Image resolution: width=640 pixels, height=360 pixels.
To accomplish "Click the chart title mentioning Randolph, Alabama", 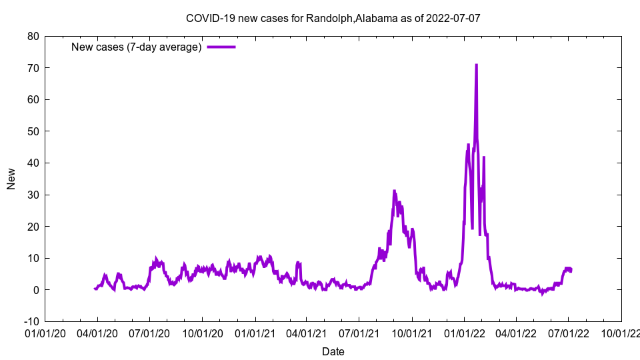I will point(333,18).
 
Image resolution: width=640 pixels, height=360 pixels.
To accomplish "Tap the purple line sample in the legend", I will point(221,47).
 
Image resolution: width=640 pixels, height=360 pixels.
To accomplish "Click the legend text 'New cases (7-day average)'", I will point(137,47).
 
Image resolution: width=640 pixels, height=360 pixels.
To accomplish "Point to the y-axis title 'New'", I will point(11,179).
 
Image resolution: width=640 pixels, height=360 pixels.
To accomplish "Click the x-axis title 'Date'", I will point(333,351).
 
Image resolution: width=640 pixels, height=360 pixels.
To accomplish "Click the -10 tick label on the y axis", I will point(31,321).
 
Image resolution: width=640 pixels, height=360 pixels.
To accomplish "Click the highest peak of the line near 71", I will point(476,65).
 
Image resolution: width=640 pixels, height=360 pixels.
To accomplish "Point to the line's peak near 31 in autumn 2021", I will point(394,191).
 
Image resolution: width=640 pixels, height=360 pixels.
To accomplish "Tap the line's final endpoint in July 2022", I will point(571,271).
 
